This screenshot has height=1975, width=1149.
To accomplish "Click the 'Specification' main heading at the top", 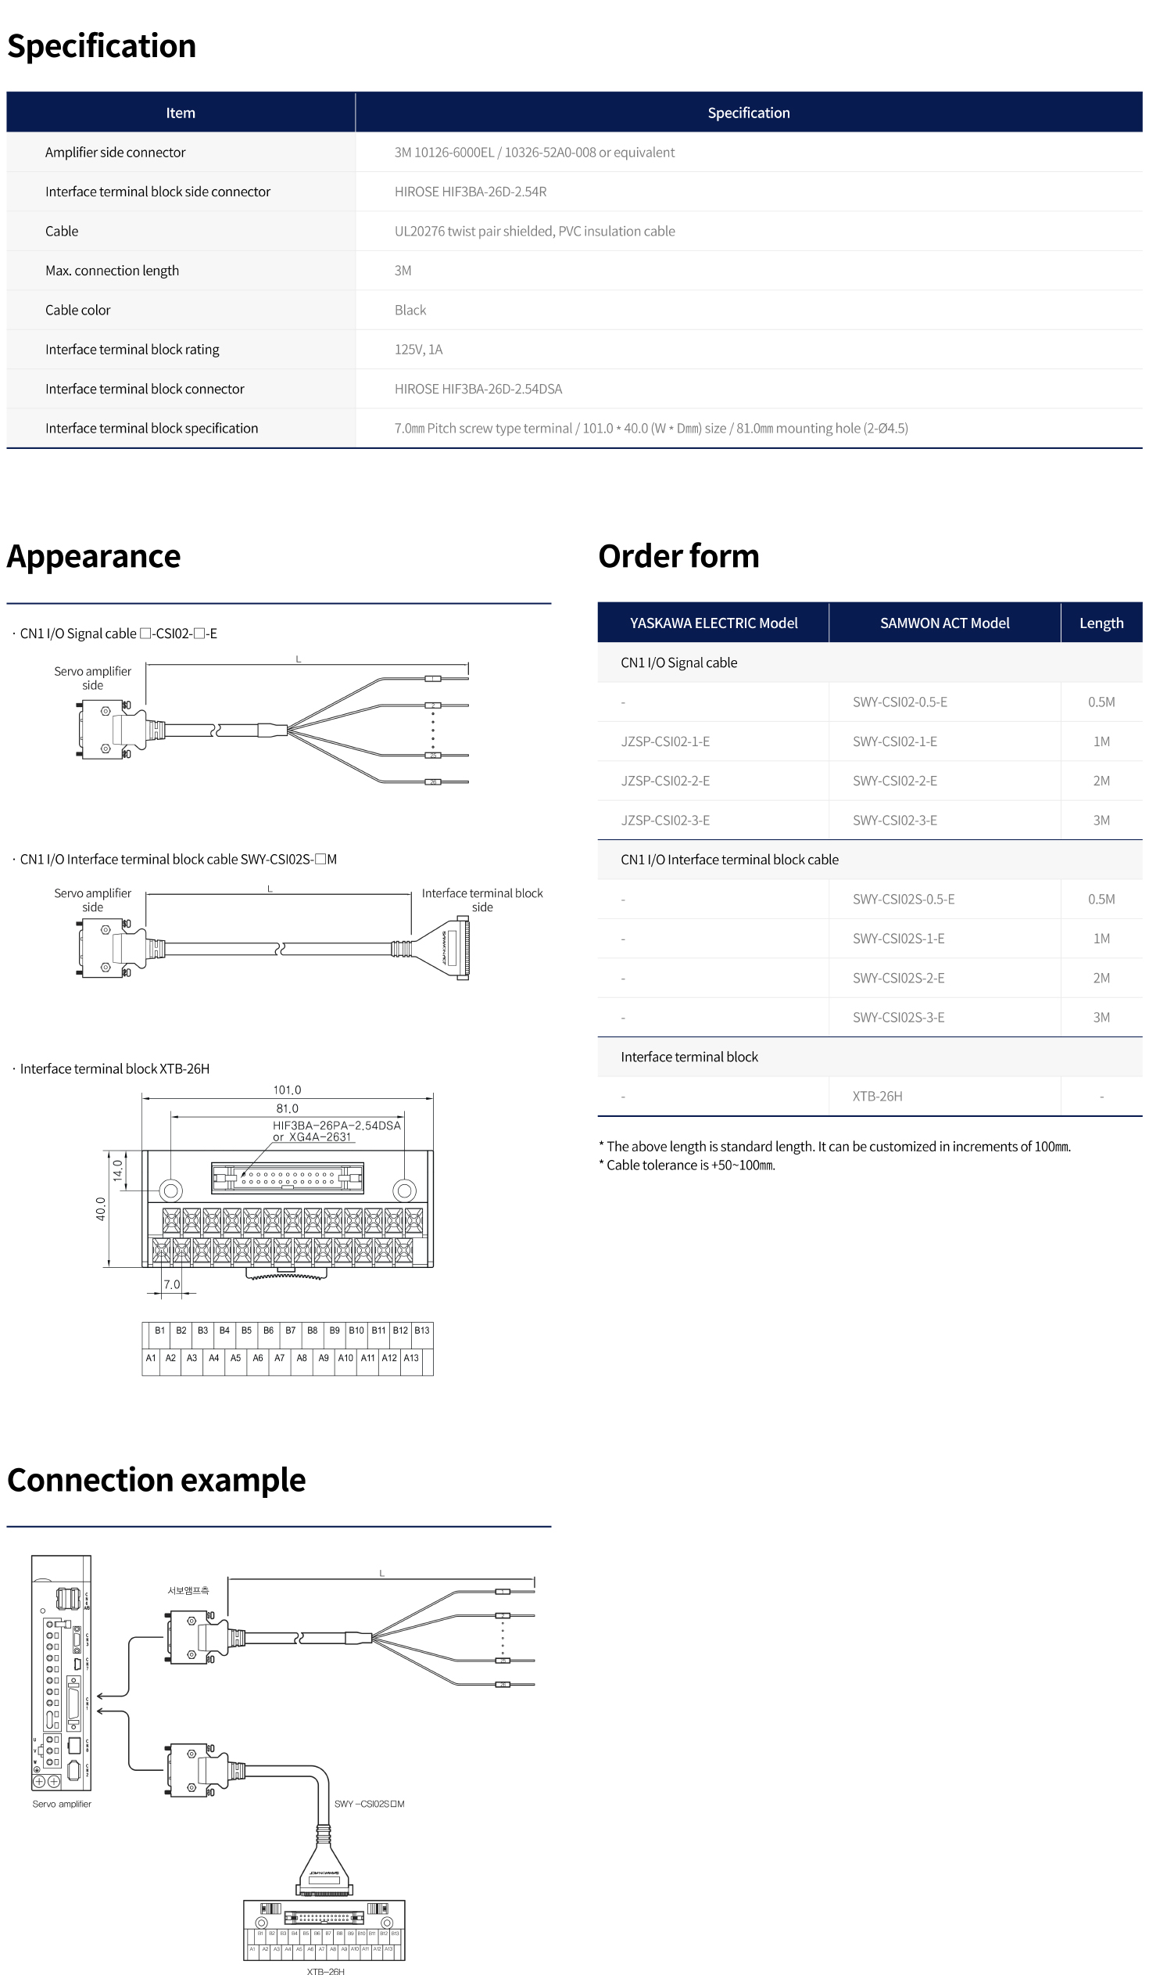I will (101, 45).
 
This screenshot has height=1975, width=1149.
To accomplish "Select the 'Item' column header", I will (180, 113).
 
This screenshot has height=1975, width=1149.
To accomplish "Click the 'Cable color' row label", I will (77, 311).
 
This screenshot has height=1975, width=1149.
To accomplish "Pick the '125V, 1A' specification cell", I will (418, 350).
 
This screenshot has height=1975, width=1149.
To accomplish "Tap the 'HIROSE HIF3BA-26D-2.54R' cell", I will (470, 192).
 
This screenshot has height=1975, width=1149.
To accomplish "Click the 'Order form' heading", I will (678, 556).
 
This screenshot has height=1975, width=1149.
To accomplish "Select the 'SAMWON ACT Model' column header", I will (943, 623).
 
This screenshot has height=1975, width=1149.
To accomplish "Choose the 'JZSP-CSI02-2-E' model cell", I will (665, 781).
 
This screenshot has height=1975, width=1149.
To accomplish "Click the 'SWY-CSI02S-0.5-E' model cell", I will (903, 900).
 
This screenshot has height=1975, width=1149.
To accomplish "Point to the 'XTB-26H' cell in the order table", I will (877, 1097).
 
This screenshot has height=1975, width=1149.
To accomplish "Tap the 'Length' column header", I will (1101, 623).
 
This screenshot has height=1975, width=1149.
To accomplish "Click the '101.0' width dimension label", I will (287, 1090).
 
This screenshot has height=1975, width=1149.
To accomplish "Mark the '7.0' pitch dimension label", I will (171, 1284).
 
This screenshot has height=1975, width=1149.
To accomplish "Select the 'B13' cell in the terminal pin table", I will (422, 1330).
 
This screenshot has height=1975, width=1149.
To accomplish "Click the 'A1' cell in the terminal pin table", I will (151, 1358).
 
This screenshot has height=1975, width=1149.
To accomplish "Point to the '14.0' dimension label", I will (117, 1171).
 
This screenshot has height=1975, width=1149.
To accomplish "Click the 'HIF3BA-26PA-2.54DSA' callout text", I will (336, 1126).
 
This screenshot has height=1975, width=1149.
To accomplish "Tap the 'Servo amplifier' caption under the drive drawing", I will (62, 1804).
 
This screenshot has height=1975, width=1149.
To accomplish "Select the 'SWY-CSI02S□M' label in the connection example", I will (369, 1804).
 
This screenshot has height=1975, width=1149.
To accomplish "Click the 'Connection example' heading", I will (156, 1481).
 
